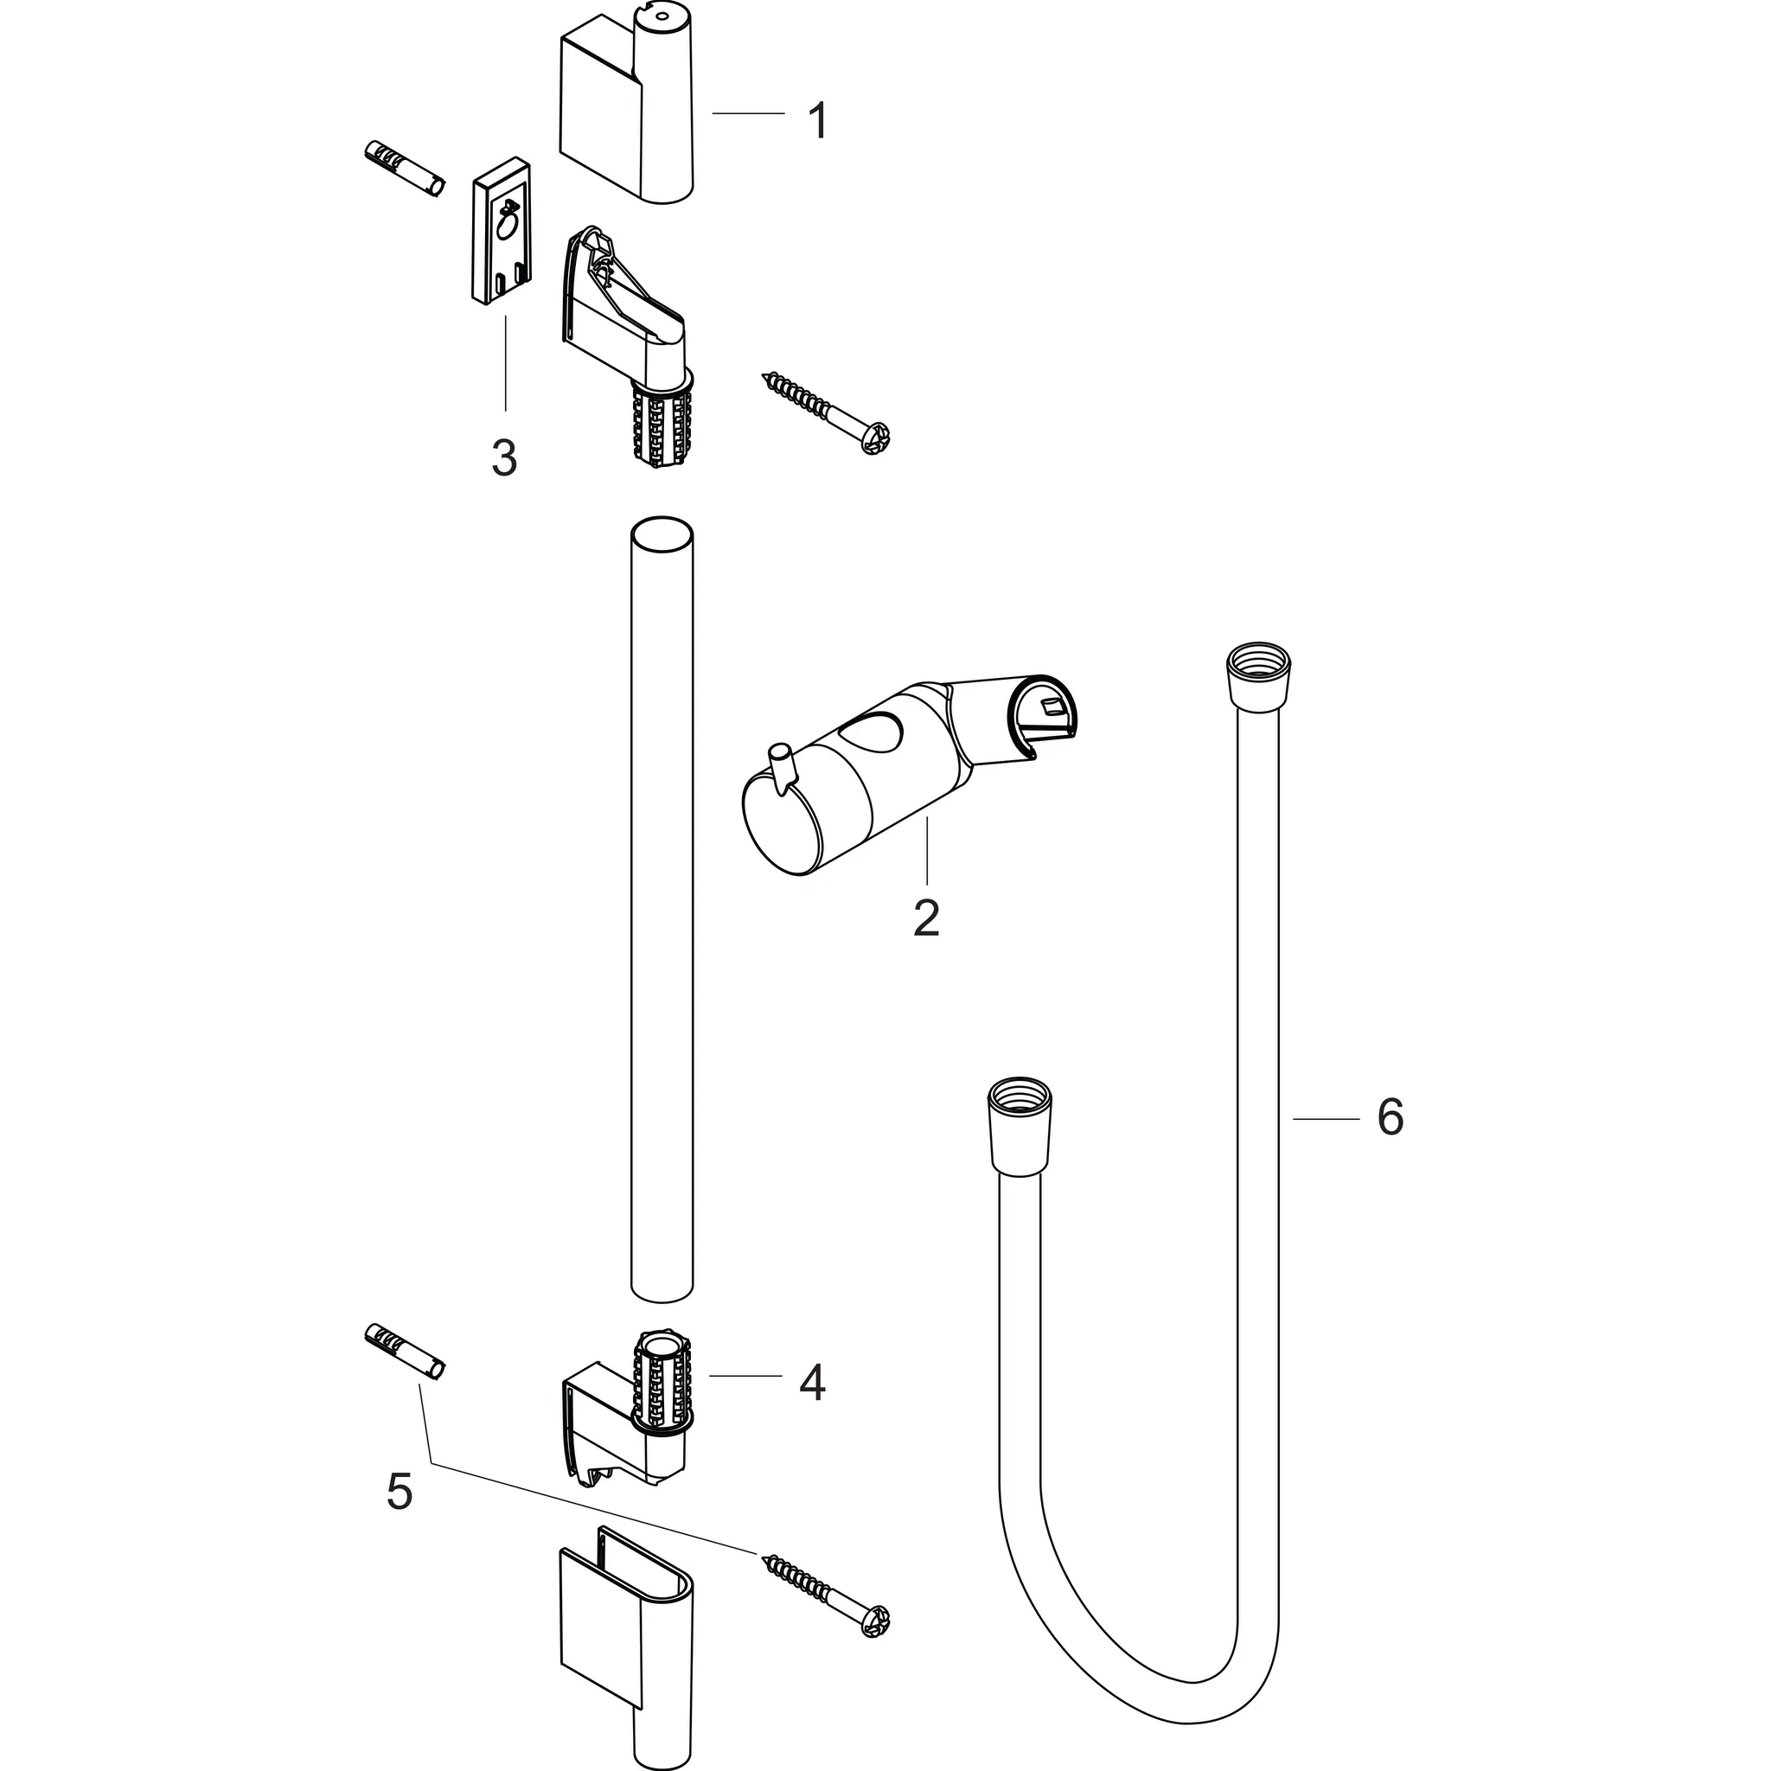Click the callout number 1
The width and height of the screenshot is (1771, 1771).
point(818,121)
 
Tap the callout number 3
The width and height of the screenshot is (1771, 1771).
point(504,457)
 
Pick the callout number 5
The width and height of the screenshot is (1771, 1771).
point(399,1492)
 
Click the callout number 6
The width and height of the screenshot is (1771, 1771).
point(1390,1117)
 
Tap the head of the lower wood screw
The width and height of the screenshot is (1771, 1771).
point(876,1620)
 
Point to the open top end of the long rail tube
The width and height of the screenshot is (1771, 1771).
point(661,534)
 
